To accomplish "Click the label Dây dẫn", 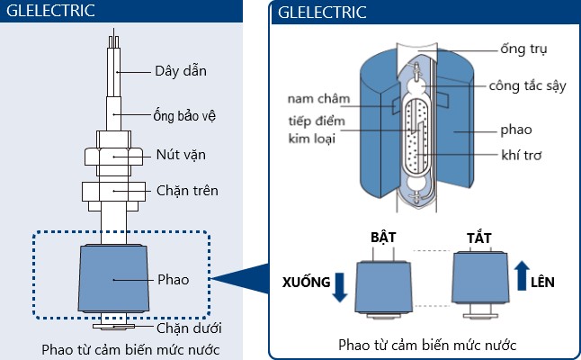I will pos(180,71).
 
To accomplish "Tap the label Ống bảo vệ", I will pos(183,115).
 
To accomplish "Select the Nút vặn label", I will pos(180,154).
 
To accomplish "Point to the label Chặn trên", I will pos(187,191).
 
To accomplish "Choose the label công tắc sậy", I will pos(527,87).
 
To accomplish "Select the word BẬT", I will pos(384,237).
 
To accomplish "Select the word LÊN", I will pos(543,282).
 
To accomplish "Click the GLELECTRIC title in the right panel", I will pos(322,13).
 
